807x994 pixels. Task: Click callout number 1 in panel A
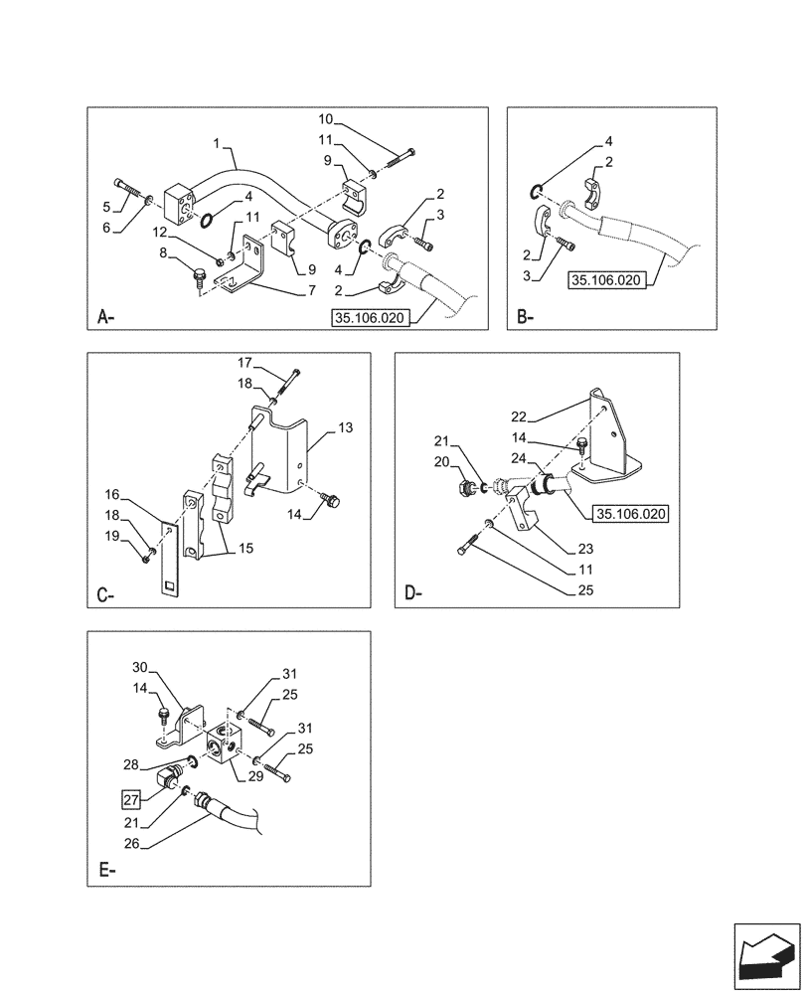(217, 144)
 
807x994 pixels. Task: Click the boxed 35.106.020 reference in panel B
(606, 281)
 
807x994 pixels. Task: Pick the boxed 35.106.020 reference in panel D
(630, 514)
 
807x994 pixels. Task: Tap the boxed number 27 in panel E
(132, 797)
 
